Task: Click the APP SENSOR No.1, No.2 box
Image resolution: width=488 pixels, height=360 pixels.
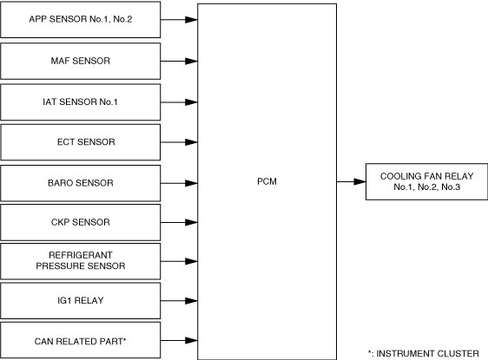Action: [x=80, y=20]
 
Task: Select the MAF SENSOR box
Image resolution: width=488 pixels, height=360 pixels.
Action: [x=80, y=61]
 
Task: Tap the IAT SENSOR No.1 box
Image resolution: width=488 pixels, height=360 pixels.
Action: [x=80, y=102]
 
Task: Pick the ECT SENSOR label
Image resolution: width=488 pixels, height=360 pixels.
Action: [x=86, y=142]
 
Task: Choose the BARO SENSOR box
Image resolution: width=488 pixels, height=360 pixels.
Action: [x=80, y=183]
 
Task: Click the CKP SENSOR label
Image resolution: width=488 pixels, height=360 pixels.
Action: [x=81, y=222]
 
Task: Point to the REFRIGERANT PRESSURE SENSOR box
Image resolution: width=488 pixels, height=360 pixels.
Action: [x=80, y=261]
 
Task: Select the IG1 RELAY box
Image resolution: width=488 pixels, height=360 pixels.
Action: [x=80, y=301]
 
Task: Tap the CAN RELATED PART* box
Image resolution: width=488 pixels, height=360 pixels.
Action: [x=80, y=340]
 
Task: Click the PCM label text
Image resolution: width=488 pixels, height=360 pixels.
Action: [x=267, y=181]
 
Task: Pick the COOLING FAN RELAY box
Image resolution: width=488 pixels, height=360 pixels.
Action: [x=426, y=181]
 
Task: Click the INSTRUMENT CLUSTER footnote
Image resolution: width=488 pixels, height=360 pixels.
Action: [x=423, y=353]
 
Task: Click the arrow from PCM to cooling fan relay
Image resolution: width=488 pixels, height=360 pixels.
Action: [x=351, y=181]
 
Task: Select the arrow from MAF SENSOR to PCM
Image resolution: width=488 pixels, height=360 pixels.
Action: [x=179, y=62]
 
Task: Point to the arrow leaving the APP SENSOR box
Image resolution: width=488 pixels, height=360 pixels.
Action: [x=179, y=20]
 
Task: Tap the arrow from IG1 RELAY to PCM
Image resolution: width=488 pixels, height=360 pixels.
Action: [x=179, y=301]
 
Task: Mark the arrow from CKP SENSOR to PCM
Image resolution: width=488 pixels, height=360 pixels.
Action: [x=179, y=222]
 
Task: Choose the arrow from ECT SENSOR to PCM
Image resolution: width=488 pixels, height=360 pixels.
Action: [x=179, y=142]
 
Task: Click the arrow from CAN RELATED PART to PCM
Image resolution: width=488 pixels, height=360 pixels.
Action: [x=179, y=340]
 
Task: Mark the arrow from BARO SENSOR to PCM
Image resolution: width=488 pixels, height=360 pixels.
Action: [x=179, y=183]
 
